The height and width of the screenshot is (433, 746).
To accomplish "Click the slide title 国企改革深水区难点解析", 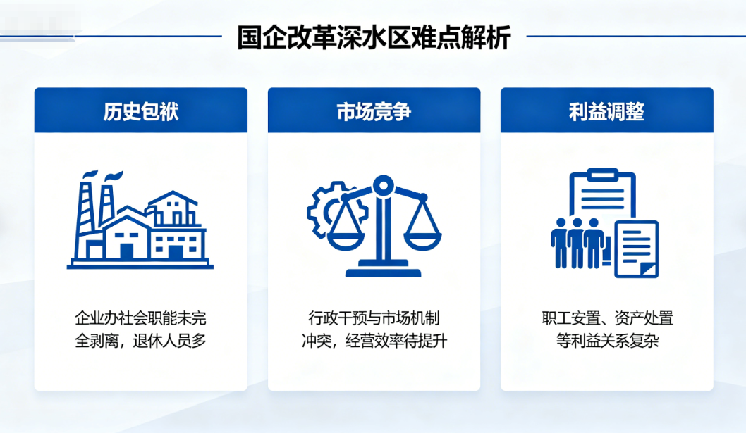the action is click(374, 37).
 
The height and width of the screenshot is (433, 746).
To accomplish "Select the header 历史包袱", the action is click(141, 112).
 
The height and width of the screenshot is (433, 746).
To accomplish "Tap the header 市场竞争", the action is click(374, 112).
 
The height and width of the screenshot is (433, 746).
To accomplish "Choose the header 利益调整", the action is click(606, 112).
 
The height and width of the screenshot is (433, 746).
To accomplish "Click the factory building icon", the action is click(140, 220).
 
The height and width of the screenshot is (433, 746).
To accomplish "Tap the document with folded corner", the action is click(637, 249).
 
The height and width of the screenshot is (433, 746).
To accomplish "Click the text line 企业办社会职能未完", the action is click(141, 318).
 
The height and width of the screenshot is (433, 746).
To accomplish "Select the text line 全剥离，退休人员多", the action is click(141, 341).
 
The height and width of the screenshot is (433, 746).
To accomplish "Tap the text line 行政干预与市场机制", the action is click(374, 318).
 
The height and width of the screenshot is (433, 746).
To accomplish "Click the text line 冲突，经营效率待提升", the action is click(374, 341).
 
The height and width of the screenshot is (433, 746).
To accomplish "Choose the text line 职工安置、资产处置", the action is click(607, 318).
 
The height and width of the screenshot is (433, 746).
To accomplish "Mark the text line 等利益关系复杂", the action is click(607, 341).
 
